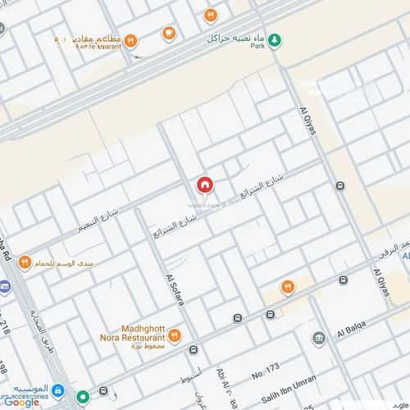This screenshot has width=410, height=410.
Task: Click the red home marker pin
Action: (204, 185)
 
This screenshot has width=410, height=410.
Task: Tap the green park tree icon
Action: (276, 39)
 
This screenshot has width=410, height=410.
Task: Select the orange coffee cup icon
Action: (168, 34)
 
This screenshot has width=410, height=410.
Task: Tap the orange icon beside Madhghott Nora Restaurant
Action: (174, 335)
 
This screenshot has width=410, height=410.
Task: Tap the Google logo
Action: (20, 401)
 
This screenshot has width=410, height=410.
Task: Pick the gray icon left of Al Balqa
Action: (318, 337)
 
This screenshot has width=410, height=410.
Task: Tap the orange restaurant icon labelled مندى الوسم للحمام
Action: (25, 262)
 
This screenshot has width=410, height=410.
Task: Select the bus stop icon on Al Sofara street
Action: (194, 349)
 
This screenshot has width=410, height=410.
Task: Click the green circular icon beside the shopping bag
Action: (83, 397)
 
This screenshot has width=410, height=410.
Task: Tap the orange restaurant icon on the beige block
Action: (287, 286)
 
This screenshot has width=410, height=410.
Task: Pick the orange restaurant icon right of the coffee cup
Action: (211, 15)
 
